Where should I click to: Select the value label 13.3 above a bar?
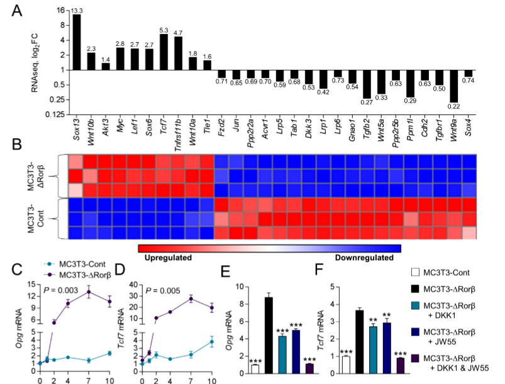tap(77, 10)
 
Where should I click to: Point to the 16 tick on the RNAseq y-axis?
tap(61, 10)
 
